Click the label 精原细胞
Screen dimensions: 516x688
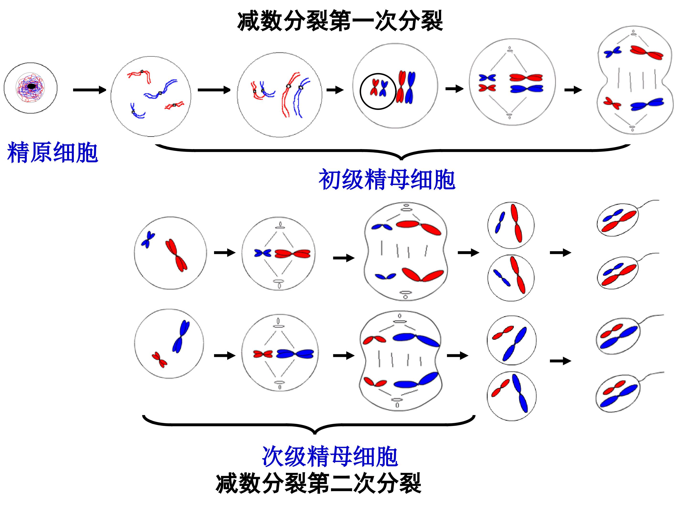[52, 152]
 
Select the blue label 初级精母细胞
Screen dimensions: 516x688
[387, 180]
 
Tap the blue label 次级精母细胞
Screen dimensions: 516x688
[330, 457]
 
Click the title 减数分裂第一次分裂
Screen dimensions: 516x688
[340, 21]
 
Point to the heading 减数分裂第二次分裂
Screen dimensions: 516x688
[318, 483]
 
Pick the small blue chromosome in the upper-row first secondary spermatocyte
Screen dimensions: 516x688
[148, 240]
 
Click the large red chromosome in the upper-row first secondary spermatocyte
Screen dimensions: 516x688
[176, 255]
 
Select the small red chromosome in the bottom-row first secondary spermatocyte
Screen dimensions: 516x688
[159, 360]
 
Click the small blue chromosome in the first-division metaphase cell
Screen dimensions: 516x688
[487, 78]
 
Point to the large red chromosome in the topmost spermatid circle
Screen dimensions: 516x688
[516, 223]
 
